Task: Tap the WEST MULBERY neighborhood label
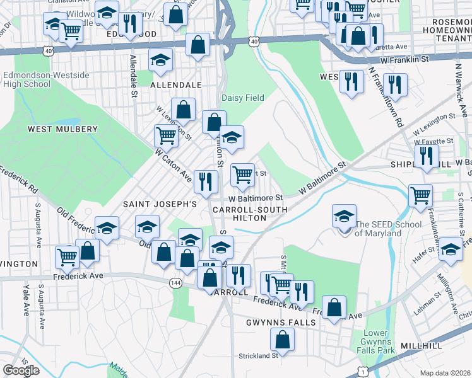[62, 129]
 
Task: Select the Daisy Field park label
[242, 98]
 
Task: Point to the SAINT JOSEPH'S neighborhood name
[160, 204]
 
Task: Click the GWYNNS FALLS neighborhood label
[275, 322]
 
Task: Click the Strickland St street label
[259, 356]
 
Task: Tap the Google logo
[21, 370]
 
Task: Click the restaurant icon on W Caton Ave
[206, 181]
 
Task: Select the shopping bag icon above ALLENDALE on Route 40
[198, 45]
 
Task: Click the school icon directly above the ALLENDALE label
[160, 60]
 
